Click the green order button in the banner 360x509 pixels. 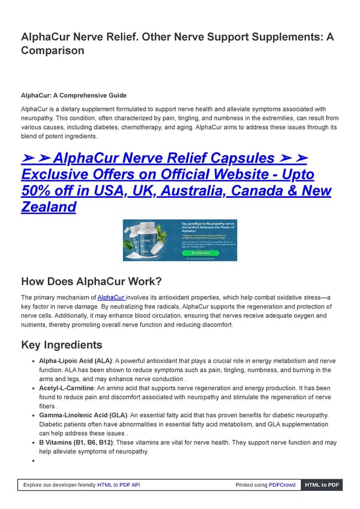coord(194,253)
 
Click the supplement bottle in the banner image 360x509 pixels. coord(143,240)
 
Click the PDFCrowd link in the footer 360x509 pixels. coord(283,485)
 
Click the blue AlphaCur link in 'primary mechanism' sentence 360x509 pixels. coord(112,297)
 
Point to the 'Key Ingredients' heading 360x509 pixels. coord(62,345)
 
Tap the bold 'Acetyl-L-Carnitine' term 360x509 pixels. coord(66,389)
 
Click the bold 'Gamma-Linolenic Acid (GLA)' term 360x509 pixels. coord(83,415)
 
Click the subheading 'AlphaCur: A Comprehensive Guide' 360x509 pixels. coord(73,95)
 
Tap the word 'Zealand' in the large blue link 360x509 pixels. coord(48,207)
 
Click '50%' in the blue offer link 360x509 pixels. coord(38,191)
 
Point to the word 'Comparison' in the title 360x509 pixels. coord(53,51)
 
